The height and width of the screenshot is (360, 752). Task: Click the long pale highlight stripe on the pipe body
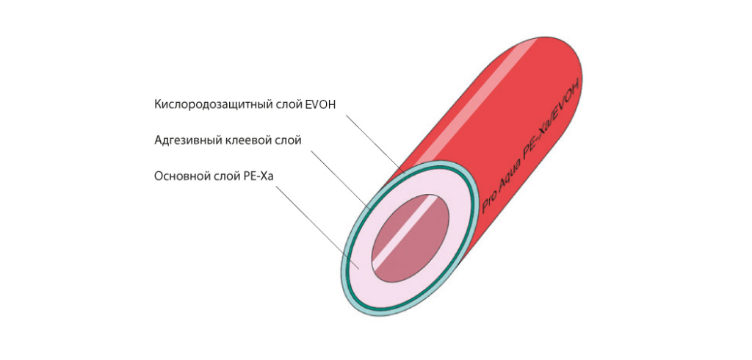(470, 110)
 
